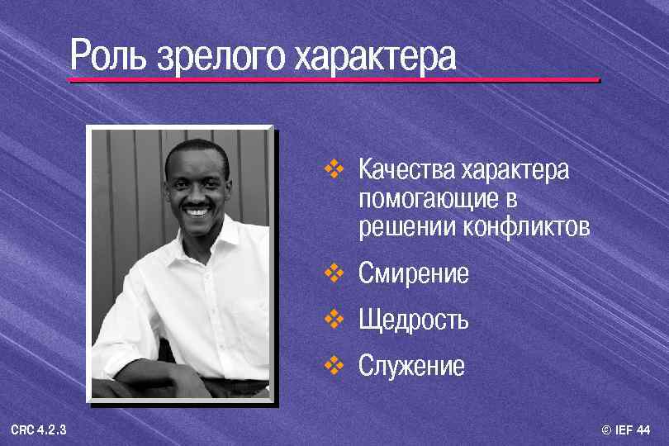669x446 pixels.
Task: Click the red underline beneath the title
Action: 334,80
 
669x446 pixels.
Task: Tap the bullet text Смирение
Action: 414,273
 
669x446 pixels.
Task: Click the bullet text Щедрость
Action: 414,320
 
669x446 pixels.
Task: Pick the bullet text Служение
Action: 411,366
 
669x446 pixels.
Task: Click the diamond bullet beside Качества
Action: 334,170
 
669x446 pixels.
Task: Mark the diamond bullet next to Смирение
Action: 334,273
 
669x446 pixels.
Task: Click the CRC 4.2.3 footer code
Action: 39,430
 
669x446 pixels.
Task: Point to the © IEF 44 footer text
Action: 627,430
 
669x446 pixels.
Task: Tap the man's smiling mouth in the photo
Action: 197,211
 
